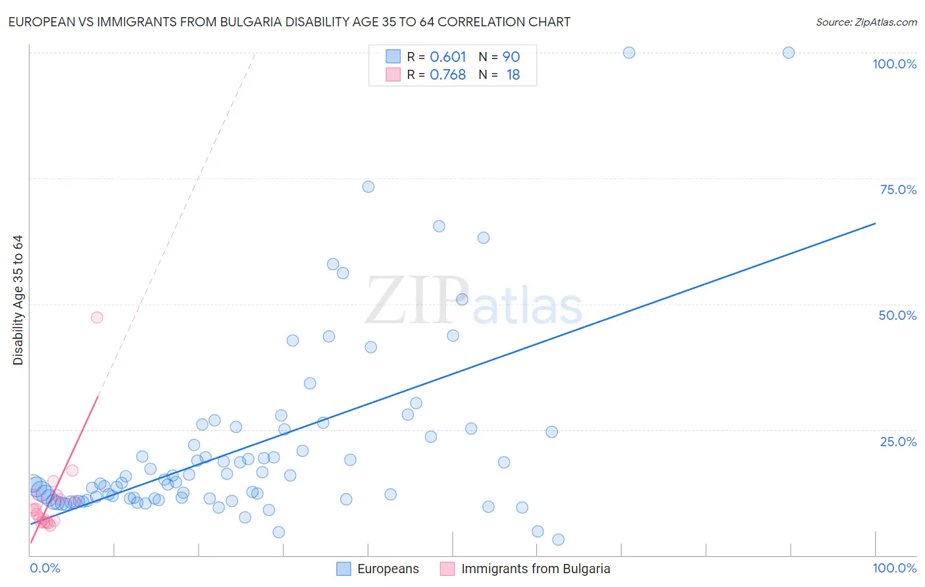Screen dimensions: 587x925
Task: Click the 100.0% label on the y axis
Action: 894,64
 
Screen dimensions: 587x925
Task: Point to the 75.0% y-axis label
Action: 898,190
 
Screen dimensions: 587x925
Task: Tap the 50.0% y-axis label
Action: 897,315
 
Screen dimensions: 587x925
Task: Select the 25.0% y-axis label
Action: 898,442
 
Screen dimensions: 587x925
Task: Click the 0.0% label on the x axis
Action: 45,568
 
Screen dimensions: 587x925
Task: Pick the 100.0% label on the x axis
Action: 894,568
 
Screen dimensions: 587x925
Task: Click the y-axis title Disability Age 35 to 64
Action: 18,300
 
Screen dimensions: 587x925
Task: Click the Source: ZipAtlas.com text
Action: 866,22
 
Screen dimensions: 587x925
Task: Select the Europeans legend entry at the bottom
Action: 387,569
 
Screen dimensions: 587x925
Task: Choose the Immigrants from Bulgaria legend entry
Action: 536,569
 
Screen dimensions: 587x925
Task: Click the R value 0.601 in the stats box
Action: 447,57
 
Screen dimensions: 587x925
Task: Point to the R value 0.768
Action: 447,75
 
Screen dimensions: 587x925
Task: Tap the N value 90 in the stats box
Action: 511,57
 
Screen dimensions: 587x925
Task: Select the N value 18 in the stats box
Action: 513,75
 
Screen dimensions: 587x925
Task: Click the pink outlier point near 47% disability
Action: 97,317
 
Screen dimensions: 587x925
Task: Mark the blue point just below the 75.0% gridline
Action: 368,187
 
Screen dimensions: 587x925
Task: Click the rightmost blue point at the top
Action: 788,53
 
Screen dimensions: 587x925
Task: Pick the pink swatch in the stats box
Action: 393,74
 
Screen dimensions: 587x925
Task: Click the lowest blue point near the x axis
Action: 558,540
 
